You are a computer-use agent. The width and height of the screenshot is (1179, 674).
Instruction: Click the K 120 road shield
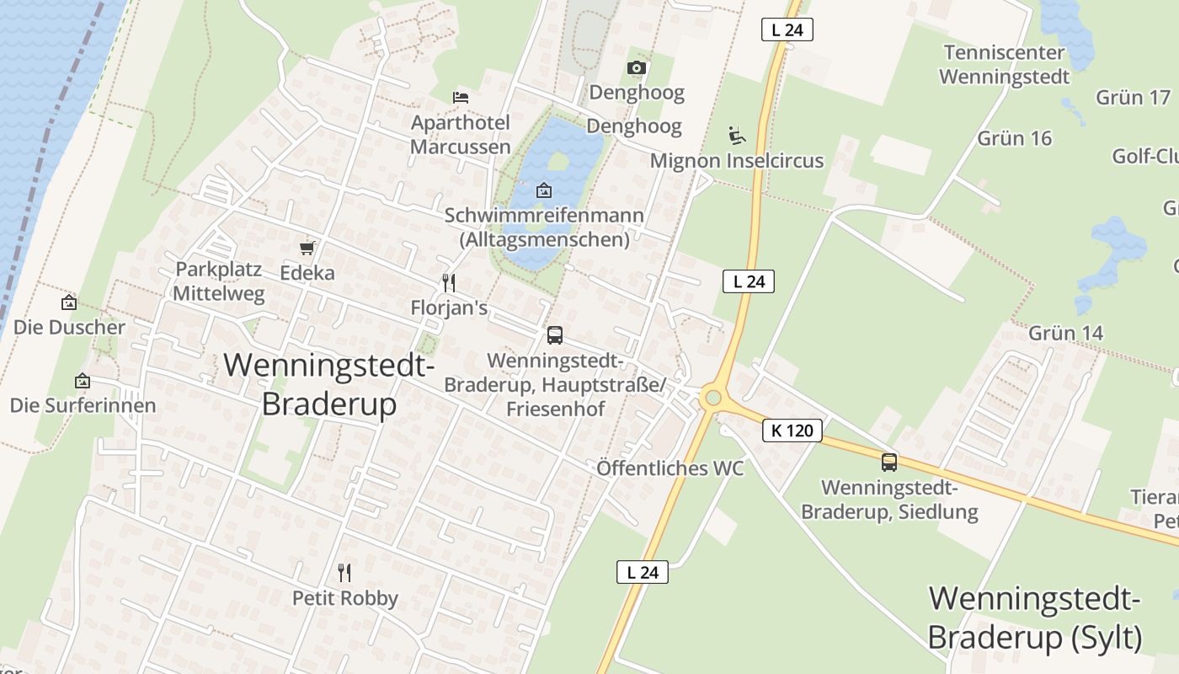pos(792,431)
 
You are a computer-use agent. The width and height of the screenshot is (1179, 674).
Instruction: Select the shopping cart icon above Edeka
pos(307,248)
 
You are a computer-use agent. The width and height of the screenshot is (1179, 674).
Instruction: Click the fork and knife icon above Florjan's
pos(449,282)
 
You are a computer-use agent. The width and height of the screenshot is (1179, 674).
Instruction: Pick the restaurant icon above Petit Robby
pos(344,573)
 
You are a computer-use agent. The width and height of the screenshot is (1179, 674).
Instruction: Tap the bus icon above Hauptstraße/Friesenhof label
pos(555,335)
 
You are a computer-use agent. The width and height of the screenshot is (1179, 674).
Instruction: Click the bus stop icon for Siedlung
pos(889,462)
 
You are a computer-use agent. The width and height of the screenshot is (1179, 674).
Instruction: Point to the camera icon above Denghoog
pos(637,67)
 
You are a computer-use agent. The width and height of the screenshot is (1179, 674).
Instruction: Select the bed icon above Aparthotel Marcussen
pos(460,98)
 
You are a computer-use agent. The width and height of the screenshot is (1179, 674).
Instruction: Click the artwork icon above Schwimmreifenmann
pos(544,190)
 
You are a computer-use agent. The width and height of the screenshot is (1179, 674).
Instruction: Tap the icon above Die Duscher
pos(69,302)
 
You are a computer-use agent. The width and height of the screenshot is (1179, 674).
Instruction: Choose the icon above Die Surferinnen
pos(83,381)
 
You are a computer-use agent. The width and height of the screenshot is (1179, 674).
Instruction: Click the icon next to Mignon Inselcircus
pos(736,135)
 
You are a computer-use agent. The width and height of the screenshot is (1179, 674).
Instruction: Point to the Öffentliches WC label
pos(670,468)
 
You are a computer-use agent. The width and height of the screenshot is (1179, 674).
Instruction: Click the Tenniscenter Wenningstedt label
pos(1004,65)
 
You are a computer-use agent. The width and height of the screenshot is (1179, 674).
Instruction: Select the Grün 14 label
pos(1065,333)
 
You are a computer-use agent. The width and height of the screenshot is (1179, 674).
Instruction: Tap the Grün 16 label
pos(1015,138)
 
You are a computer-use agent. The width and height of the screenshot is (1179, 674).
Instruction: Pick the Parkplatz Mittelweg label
pos(219,281)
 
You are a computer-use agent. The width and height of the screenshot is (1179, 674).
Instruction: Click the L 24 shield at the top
pos(787,30)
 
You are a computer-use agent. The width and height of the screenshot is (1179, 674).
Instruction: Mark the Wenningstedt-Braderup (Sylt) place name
pos(1034,618)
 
